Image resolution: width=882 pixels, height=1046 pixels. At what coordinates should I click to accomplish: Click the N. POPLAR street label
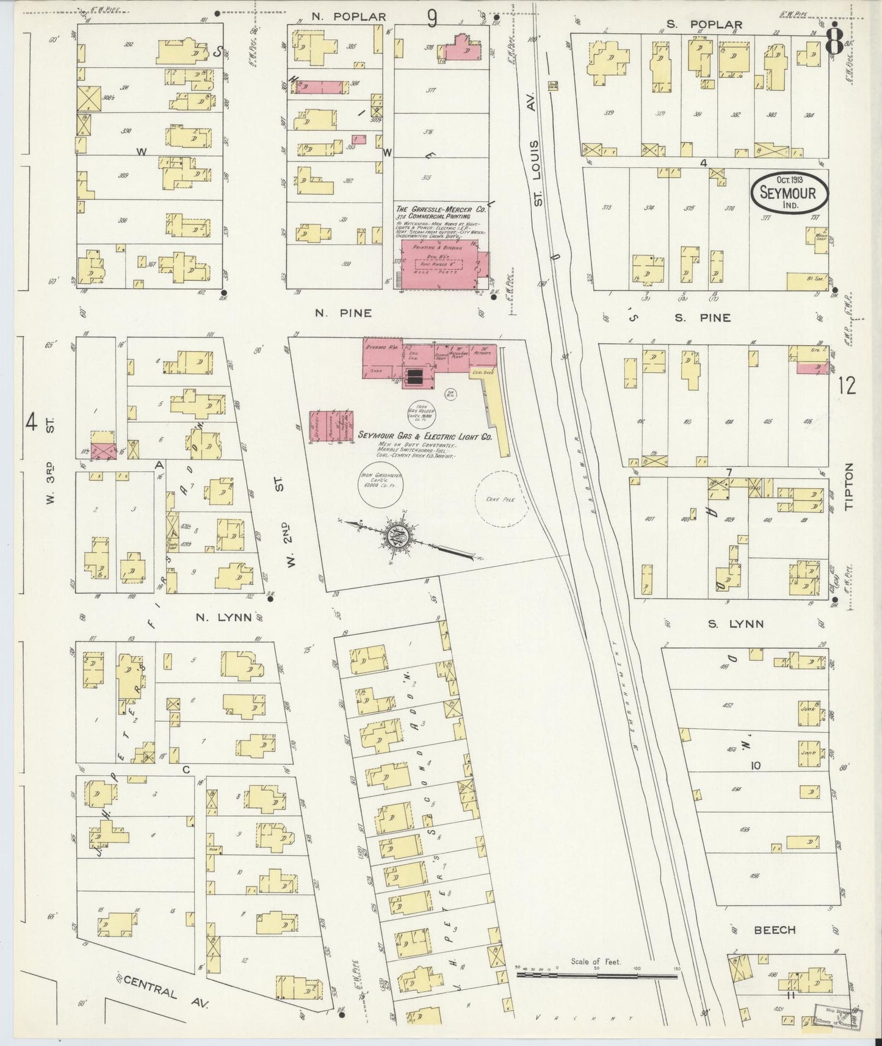(x=349, y=17)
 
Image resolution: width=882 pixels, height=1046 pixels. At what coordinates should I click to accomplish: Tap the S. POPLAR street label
(x=704, y=24)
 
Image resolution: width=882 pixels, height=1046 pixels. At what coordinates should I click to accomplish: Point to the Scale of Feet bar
(x=596, y=975)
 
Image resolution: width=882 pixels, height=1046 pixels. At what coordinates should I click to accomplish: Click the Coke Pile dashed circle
(x=499, y=498)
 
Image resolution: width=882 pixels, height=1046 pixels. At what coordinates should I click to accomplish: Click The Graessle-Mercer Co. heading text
(x=440, y=209)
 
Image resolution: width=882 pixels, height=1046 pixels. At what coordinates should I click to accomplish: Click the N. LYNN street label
(x=223, y=617)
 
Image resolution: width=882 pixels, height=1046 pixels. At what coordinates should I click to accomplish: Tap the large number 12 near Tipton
(x=847, y=386)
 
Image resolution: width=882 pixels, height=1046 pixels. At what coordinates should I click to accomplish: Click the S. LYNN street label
(x=736, y=624)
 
